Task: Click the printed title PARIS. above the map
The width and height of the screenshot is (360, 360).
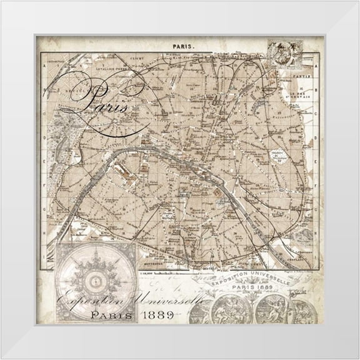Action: (184, 46)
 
